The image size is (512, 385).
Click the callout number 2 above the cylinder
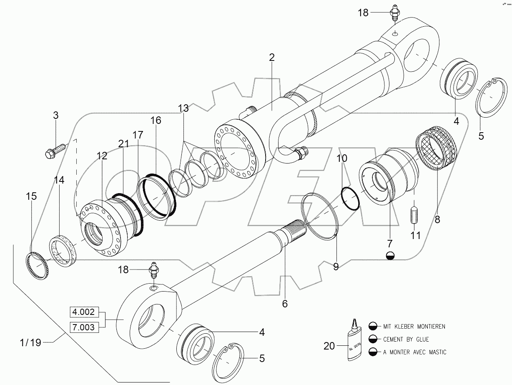[271, 58]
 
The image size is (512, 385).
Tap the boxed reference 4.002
[85, 312]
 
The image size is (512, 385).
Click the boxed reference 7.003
[85, 327]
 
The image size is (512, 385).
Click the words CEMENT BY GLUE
[406, 339]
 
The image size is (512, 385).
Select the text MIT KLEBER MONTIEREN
[414, 327]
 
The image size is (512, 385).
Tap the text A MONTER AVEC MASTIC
[414, 352]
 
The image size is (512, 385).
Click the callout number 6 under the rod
[285, 304]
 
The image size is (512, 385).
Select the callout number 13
[183, 109]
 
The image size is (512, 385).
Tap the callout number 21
[123, 143]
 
